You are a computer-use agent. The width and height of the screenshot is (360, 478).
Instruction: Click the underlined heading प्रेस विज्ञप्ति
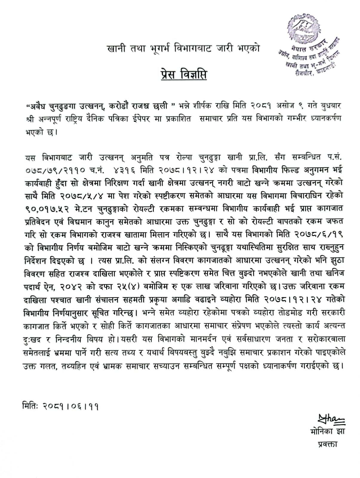pyautogui.click(x=183, y=74)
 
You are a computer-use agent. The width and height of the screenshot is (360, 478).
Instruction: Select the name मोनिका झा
pyautogui.click(x=327, y=431)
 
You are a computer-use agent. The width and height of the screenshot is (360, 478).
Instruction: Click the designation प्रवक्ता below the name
pyautogui.click(x=327, y=444)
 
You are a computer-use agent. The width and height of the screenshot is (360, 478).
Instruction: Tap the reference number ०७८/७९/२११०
pyautogui.click(x=56, y=170)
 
